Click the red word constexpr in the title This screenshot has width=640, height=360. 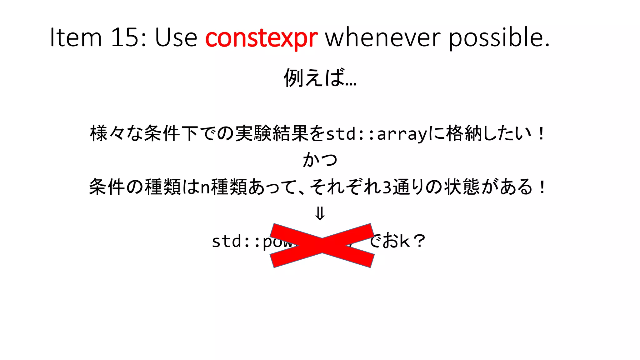coord(261,37)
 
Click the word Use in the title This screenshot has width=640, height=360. coord(176,37)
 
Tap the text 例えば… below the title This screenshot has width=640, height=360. coord(320,77)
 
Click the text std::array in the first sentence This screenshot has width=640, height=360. coord(377,134)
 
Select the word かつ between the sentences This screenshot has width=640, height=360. coord(320,160)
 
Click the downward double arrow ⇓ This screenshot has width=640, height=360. coord(320,214)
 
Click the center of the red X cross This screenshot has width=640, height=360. coord(322,246)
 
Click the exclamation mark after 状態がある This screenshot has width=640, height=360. coord(542,187)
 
